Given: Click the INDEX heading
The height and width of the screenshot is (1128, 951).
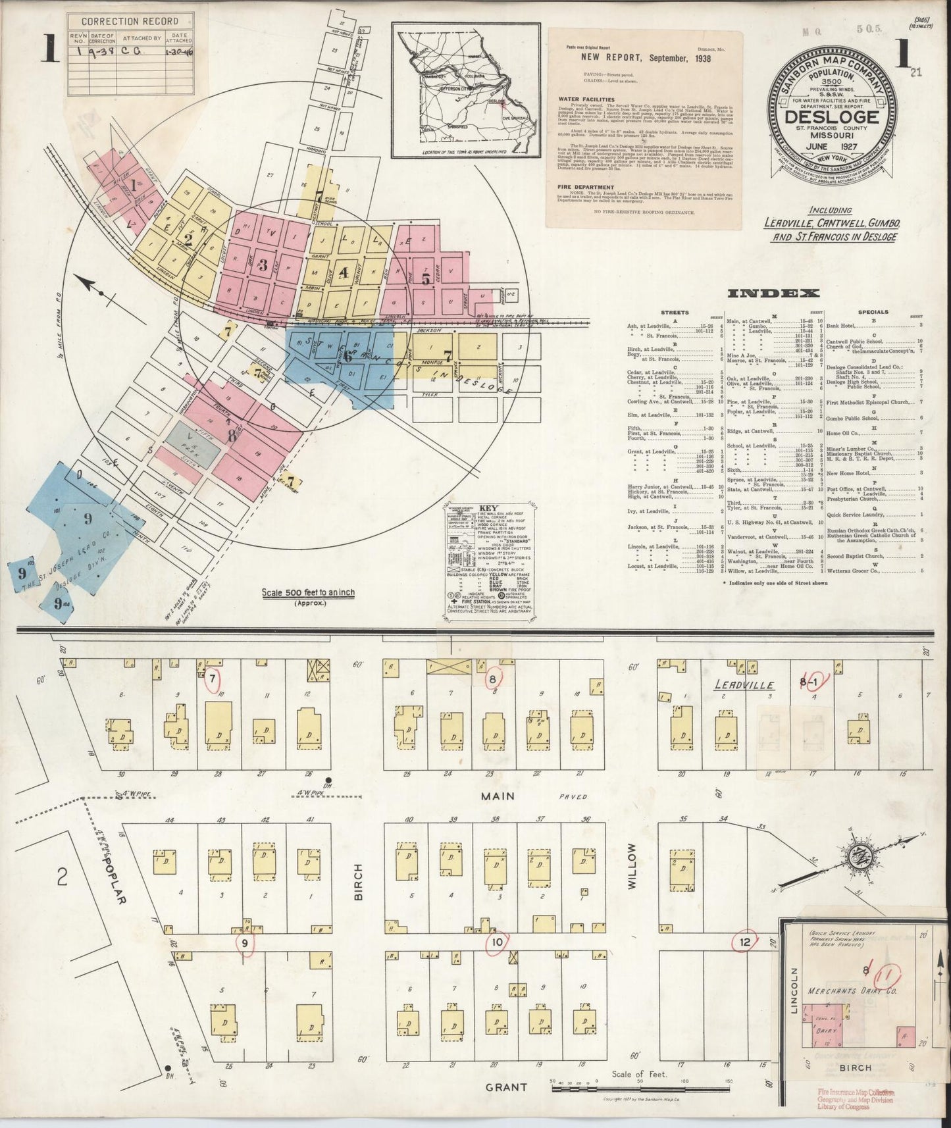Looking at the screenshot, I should click(x=774, y=294).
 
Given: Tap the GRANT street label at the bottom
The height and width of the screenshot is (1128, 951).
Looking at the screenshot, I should click(x=507, y=1087).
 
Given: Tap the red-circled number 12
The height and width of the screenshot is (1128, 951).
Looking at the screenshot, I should click(x=745, y=941).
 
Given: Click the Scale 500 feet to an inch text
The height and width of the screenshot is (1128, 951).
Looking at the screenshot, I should click(x=307, y=592).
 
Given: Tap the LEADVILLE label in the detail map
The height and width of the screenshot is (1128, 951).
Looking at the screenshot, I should click(x=744, y=684).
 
